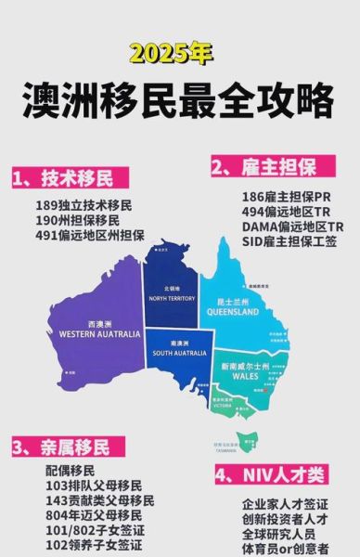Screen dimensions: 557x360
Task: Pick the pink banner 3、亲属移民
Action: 61,447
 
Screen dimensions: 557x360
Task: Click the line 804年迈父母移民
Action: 94,515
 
